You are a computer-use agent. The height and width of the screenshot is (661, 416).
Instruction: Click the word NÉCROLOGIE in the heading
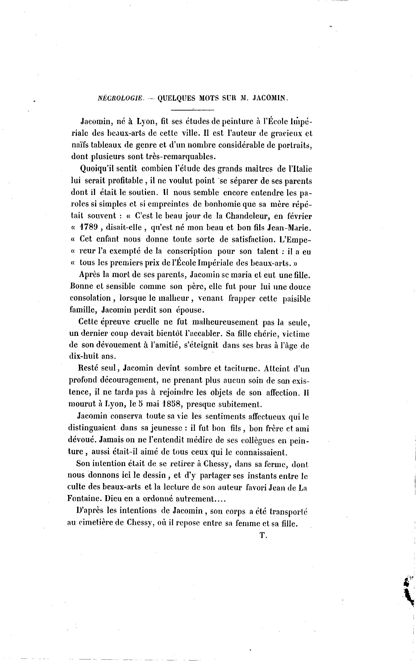pyautogui.click(x=121, y=98)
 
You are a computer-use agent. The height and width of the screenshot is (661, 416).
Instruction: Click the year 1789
pyautogui.click(x=89, y=228)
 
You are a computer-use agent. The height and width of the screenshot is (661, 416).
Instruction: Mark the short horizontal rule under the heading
pyautogui.click(x=192, y=110)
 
